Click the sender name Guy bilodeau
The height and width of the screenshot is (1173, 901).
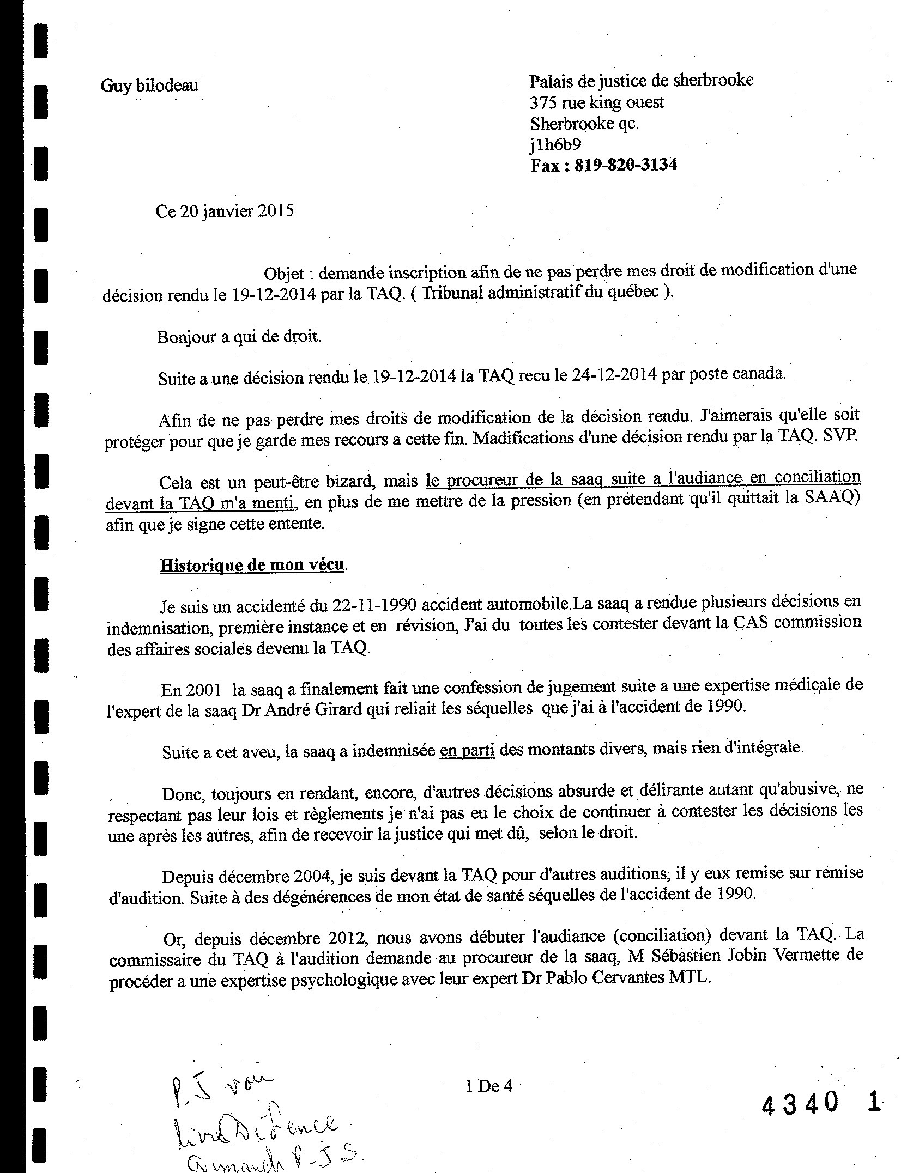pyautogui.click(x=149, y=86)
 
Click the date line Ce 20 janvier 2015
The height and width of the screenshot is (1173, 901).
pyautogui.click(x=225, y=211)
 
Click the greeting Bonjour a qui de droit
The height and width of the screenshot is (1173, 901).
pyautogui.click(x=239, y=337)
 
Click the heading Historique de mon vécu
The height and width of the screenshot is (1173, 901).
pyautogui.click(x=252, y=564)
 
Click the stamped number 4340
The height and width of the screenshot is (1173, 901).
pyautogui.click(x=800, y=1104)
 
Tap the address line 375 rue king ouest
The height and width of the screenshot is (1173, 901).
pyautogui.click(x=597, y=102)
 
